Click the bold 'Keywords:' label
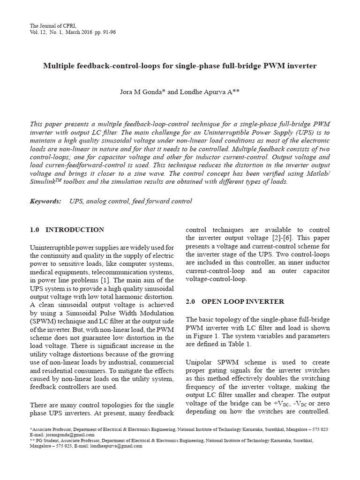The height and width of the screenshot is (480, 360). pos(45,201)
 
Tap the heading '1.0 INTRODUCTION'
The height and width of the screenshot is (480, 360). pos(67,230)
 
